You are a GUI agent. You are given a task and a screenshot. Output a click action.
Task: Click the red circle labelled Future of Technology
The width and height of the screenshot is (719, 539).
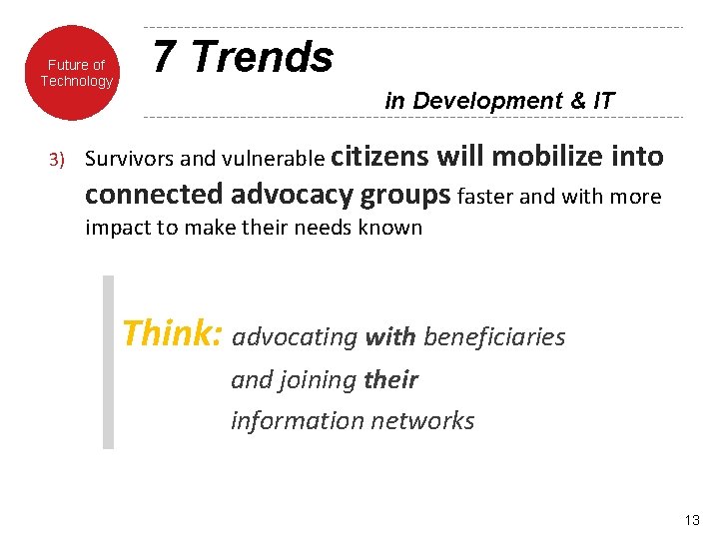[77, 73]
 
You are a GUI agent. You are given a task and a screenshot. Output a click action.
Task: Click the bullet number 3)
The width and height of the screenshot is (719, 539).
[57, 160]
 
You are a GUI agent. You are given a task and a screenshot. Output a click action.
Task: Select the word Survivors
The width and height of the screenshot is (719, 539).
[126, 159]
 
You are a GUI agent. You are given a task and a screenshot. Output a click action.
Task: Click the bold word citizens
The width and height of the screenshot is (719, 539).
[378, 156]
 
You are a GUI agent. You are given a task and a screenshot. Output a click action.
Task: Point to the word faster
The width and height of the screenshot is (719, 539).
[487, 197]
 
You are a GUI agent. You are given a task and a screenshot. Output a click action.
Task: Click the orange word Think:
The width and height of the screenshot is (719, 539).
[172, 333]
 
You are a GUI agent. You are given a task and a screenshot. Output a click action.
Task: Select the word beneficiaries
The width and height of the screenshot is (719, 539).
[494, 337]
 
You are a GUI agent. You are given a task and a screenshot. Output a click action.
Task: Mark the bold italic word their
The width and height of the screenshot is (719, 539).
[390, 379]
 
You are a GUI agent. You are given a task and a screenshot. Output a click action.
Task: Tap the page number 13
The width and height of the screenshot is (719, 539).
[693, 519]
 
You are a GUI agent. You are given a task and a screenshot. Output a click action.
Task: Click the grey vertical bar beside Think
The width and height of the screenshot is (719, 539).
[109, 362]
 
